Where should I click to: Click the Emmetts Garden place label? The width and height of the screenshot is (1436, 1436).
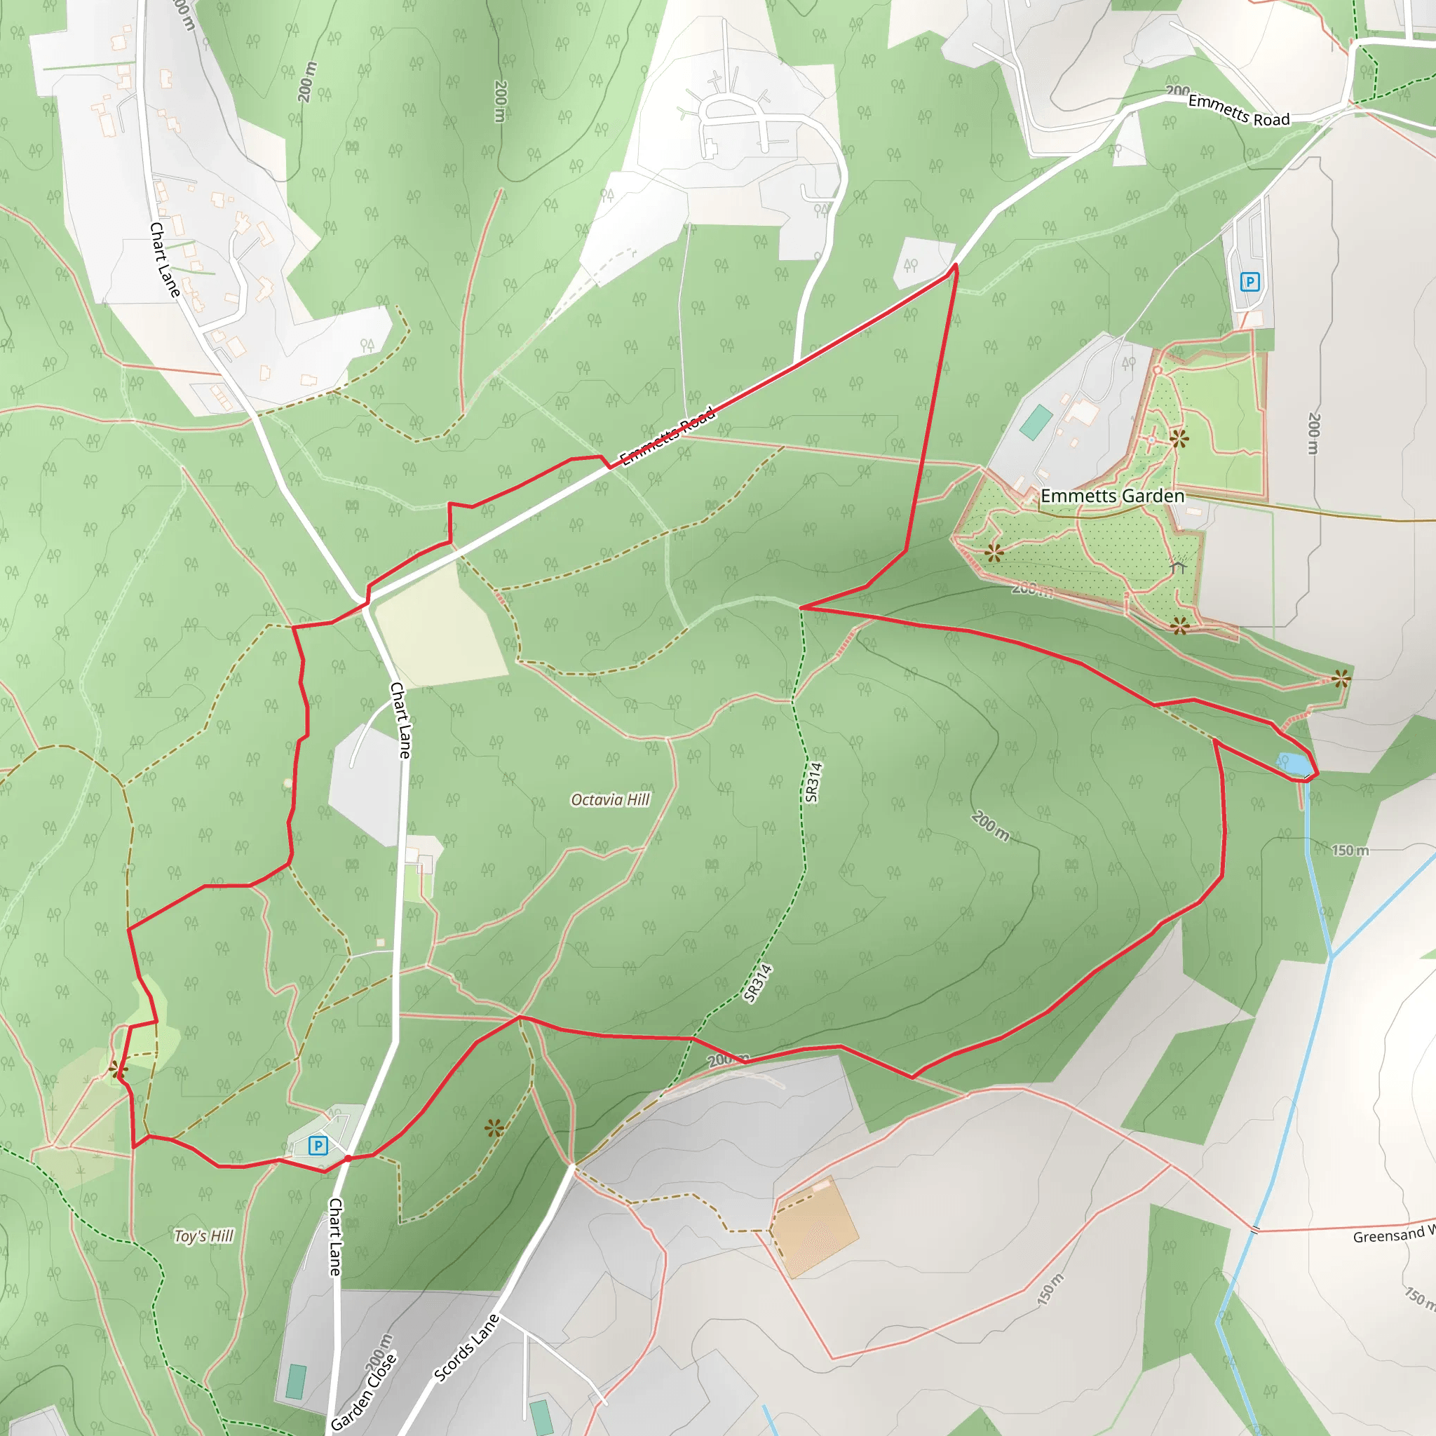click(x=1112, y=496)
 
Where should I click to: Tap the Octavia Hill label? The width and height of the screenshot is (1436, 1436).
click(x=610, y=800)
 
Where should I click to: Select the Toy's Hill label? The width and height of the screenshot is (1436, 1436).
click(x=203, y=1236)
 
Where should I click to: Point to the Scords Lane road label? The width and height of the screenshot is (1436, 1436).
click(x=466, y=1348)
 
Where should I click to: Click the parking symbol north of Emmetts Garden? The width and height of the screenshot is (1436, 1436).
click(x=1249, y=282)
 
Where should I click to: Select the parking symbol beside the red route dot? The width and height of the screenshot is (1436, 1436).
click(x=318, y=1146)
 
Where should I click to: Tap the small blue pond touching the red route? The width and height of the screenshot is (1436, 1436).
click(x=1294, y=764)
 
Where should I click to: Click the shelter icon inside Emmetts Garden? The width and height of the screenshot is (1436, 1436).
click(x=1177, y=567)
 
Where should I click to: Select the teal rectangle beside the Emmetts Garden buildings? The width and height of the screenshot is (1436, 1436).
click(x=1036, y=422)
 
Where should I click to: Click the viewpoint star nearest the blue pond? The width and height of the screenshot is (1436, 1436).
click(x=1341, y=678)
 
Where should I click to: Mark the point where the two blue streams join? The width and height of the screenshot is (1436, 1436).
click(x=1332, y=956)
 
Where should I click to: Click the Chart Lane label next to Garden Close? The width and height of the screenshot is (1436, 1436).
click(x=335, y=1237)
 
